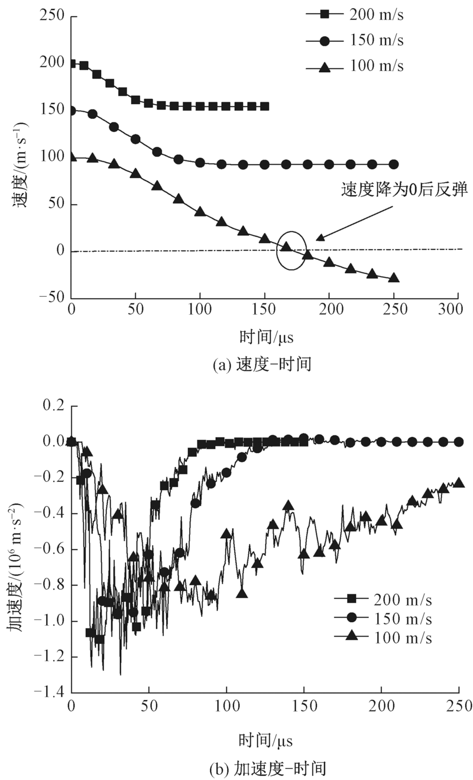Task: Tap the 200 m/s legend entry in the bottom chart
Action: tap(382, 601)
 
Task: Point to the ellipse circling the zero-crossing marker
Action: tap(291, 250)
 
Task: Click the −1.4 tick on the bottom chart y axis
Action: tap(51, 692)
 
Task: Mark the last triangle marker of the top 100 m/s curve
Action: tap(393, 278)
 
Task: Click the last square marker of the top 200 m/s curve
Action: tap(265, 106)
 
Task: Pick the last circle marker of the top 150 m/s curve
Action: tap(393, 165)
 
